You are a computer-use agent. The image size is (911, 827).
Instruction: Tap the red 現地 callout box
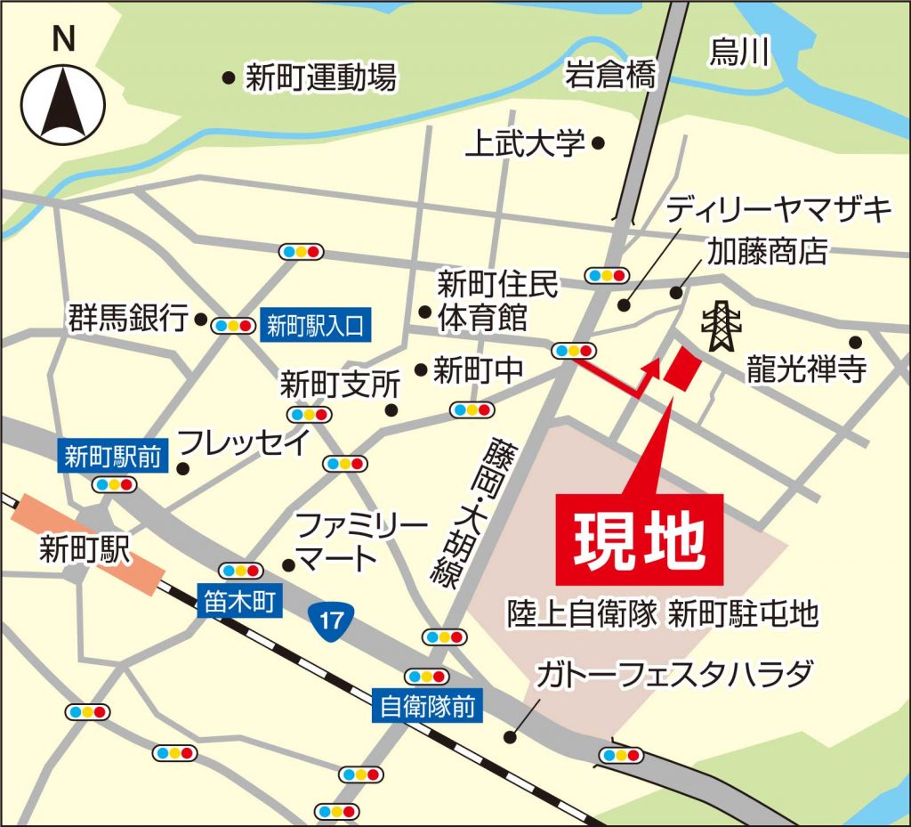pos(639,541)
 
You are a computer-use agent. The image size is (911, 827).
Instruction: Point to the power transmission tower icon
pos(720,327)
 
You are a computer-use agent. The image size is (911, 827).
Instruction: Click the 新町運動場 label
pos(320,78)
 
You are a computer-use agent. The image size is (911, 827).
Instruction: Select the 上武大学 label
pos(525,142)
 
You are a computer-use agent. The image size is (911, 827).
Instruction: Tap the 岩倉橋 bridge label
pos(610,76)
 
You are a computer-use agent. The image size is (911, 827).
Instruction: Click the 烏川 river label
pos(738,53)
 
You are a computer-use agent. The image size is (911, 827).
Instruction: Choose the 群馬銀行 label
pos(128,317)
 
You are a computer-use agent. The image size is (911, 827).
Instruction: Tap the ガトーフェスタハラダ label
pos(673,675)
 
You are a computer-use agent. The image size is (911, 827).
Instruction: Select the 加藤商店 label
pos(767,252)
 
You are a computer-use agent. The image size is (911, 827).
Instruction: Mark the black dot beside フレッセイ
pos(183,468)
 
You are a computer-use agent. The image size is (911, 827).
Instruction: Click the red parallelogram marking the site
pos(681,368)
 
